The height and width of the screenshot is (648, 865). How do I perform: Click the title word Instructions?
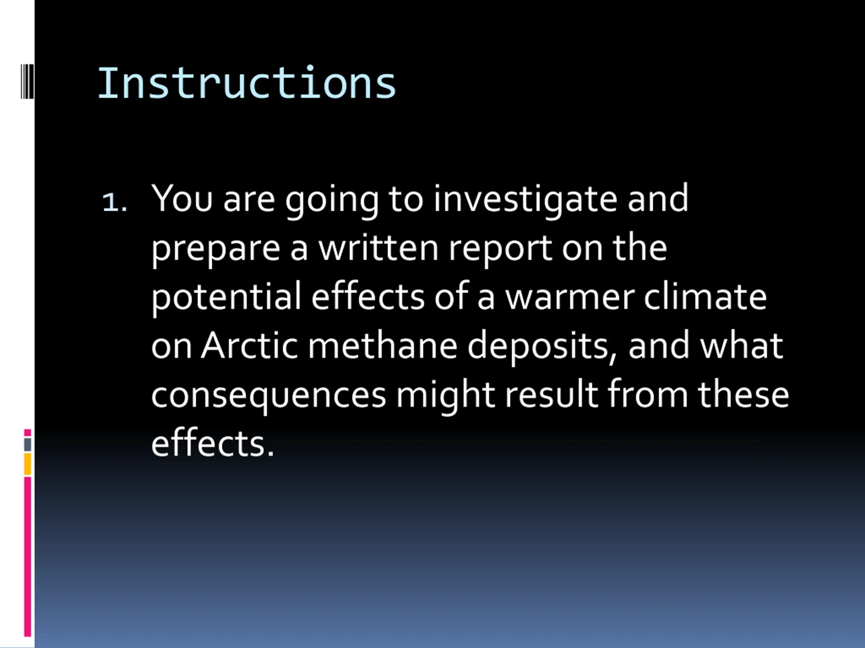pos(247,83)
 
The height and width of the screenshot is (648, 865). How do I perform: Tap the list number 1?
pos(114,202)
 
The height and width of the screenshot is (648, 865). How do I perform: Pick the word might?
pos(445,395)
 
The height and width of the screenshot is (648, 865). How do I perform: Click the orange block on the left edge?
pos(27,464)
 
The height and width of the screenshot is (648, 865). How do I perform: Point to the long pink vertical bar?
pos(27,557)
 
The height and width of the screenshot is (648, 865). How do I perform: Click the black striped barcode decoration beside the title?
pos(27,81)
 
